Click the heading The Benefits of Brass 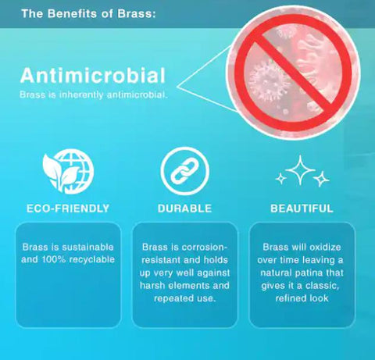point(88,13)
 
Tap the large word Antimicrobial point(93,76)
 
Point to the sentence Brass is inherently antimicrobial point(94,94)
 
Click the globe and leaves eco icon point(68,172)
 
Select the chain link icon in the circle point(184,171)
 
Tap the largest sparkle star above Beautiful point(300,170)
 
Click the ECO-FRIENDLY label point(68,209)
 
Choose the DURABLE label point(184,209)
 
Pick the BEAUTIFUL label point(302,209)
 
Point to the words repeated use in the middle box point(185,298)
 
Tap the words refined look point(302,298)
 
